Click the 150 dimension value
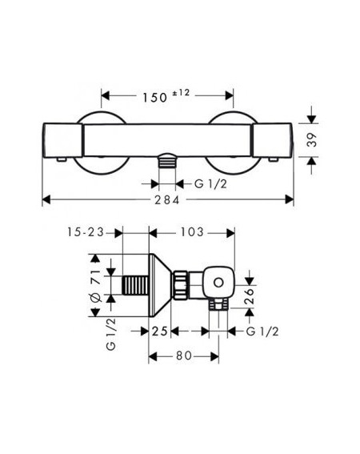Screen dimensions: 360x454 [154, 98]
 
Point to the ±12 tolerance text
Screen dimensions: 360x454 [181, 93]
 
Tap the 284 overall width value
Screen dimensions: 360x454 [167, 200]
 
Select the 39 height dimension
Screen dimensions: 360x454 [312, 140]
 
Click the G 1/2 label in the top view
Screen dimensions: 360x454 [210, 184]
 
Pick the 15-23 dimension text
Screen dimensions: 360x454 [86, 232]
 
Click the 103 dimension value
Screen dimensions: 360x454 [192, 232]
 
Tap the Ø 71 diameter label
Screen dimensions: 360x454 [96, 286]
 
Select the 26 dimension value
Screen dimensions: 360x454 [249, 295]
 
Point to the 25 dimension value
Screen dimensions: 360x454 [160, 331]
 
